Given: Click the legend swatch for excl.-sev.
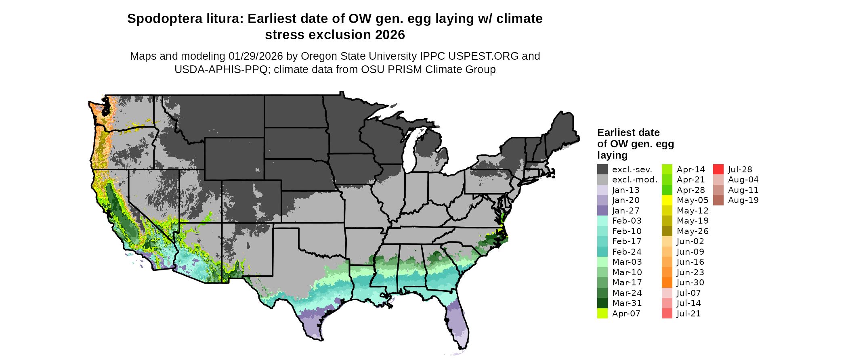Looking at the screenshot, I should coord(602,170).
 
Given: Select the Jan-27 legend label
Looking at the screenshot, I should coord(626,211).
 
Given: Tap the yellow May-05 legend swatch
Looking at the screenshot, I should coord(667,200).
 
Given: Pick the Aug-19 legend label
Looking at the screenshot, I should coord(743,200).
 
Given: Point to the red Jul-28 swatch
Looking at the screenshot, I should coord(718,170).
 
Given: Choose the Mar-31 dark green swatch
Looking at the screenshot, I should coord(602,303).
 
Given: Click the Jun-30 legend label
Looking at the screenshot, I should coord(690,283).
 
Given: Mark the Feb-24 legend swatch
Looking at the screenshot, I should coord(602,252).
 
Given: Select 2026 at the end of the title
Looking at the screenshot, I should coord(390,35).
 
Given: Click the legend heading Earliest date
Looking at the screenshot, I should coord(628,133).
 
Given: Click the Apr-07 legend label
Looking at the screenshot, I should coord(626,314).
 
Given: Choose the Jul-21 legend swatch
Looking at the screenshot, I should coord(667,314).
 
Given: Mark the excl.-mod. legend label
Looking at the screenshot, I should coord(634,180).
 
